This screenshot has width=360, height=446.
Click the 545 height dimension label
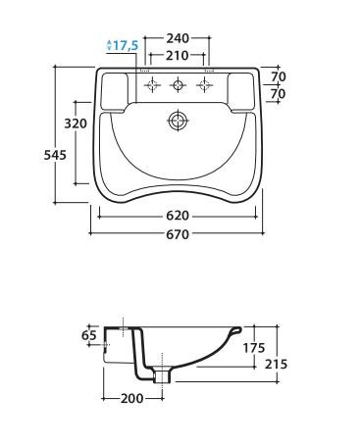[x=55, y=155]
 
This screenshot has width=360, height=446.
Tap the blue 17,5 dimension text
[x=126, y=45]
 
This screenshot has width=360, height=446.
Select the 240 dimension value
[x=178, y=38]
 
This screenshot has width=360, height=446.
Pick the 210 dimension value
[x=177, y=56]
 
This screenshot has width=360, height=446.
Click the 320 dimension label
[x=76, y=124]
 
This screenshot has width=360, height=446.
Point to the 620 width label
[x=178, y=216]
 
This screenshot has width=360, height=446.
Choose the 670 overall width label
[x=178, y=234]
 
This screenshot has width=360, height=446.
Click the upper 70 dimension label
[x=279, y=76]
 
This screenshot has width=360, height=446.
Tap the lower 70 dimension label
[x=279, y=94]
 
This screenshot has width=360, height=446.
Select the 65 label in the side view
[x=89, y=335]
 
